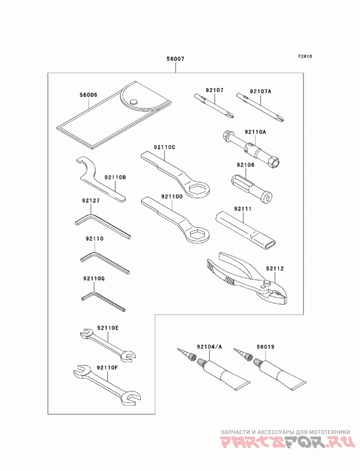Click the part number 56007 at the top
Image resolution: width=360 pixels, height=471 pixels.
coord(175,59)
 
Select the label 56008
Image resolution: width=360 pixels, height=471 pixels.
coord(88,95)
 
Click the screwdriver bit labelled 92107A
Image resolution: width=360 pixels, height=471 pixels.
coord(260,108)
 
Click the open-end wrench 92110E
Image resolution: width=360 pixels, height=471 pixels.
coord(108,345)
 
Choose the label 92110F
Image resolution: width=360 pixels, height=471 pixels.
coord(107,368)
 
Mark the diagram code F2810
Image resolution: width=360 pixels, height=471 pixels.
coord(305,56)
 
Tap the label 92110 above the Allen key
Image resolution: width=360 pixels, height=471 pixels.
coord(94,239)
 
